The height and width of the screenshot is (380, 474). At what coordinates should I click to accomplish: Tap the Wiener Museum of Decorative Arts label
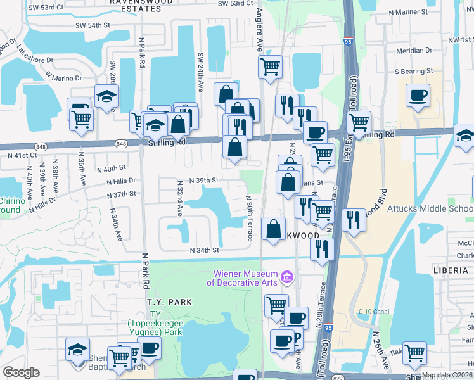point(247,279)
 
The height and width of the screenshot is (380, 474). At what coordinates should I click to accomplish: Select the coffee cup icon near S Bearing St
point(418,96)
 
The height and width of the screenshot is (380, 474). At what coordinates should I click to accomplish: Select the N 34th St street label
point(205,250)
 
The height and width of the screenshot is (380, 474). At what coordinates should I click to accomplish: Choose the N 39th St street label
point(203,180)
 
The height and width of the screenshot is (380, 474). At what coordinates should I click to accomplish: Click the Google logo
point(22,373)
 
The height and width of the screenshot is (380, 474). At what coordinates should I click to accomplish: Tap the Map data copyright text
point(446,375)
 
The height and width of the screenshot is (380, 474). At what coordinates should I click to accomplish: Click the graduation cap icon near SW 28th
point(107,96)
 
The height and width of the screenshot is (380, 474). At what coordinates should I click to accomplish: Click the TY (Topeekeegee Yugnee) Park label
point(155,327)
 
